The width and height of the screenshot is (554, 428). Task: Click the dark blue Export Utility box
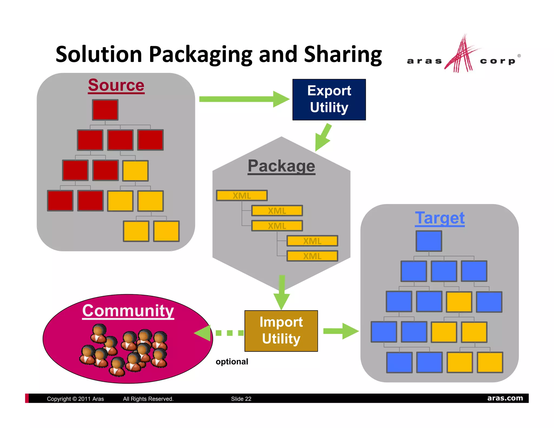(329, 100)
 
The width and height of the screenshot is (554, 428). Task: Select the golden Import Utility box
(281, 331)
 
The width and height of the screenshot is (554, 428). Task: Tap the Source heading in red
(116, 85)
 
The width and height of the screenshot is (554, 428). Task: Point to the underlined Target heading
(440, 218)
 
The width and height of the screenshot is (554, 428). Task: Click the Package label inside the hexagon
(281, 166)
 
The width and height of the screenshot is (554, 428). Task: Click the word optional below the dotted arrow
(232, 362)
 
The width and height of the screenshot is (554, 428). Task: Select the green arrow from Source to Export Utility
(243, 99)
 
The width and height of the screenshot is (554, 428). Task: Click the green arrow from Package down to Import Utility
(282, 292)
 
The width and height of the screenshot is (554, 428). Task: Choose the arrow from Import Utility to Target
(341, 331)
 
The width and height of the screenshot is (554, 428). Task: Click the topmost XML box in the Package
(242, 195)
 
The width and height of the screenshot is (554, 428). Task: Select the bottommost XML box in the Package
(312, 256)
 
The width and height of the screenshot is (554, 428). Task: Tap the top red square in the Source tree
(105, 110)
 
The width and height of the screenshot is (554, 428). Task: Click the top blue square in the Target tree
(429, 241)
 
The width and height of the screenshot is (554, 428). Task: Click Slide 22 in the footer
(241, 399)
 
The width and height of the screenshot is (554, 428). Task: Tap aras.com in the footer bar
(505, 398)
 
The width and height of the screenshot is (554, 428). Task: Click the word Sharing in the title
(343, 54)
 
